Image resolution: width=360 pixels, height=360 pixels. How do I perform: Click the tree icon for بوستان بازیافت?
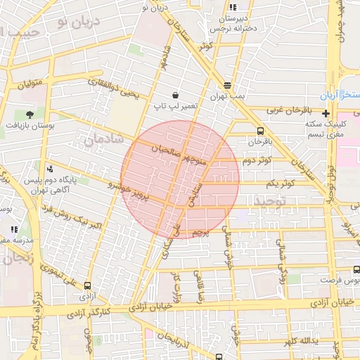point(29,113)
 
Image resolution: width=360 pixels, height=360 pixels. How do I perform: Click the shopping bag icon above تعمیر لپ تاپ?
point(174,95)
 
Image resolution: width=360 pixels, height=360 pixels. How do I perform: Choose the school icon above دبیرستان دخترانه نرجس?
point(233,6)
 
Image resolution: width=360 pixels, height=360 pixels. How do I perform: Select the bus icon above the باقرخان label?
point(261,131)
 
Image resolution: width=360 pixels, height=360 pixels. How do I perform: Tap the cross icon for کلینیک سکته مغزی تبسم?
point(326,113)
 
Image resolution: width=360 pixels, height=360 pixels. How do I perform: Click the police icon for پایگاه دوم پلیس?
point(49,169)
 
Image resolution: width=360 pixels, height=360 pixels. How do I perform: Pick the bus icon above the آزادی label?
point(87,285)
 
